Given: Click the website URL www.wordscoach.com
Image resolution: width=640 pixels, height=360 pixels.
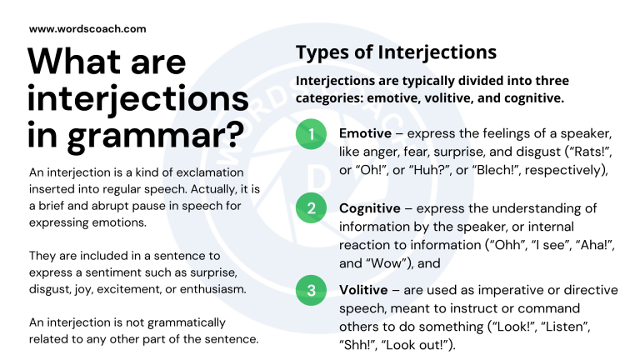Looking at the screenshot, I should (x=87, y=28).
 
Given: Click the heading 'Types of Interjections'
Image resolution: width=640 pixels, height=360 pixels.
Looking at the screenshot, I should (x=396, y=52).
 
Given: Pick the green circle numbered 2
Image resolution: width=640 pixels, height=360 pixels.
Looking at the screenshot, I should (x=311, y=208).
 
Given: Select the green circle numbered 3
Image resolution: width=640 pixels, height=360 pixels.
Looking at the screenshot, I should (x=311, y=290).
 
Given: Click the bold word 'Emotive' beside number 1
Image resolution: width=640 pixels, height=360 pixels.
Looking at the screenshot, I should (x=367, y=134).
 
